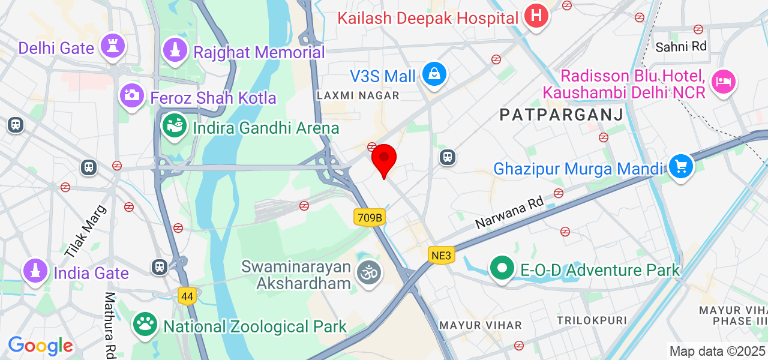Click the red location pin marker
tap(384, 158)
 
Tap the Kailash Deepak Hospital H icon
tap(536, 16)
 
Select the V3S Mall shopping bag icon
tap(434, 75)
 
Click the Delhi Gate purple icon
tap(112, 46)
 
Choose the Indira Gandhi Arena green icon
tap(174, 126)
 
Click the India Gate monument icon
tap(35, 271)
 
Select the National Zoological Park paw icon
tap(145, 325)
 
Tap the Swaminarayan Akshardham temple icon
tap(369, 273)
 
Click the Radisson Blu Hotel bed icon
tap(724, 81)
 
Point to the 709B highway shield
tap(369, 217)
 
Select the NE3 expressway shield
tap(441, 256)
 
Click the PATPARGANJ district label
tap(561, 115)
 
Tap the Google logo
tap(40, 346)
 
